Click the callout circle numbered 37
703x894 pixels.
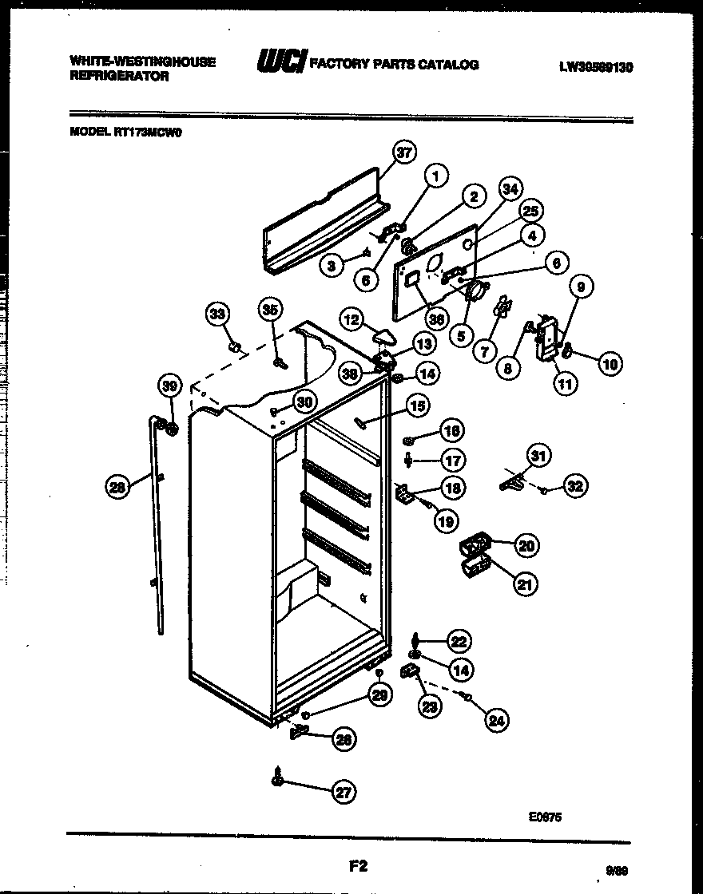[406, 152]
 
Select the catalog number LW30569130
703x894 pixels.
[596, 68]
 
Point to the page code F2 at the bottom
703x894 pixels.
[357, 864]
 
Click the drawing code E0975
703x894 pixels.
[546, 816]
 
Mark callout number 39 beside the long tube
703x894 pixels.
[169, 386]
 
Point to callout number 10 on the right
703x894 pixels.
[610, 365]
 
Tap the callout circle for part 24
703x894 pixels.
[498, 721]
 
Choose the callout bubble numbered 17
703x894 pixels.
[454, 461]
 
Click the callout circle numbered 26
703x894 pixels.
[344, 739]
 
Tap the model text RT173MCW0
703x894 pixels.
[149, 134]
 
